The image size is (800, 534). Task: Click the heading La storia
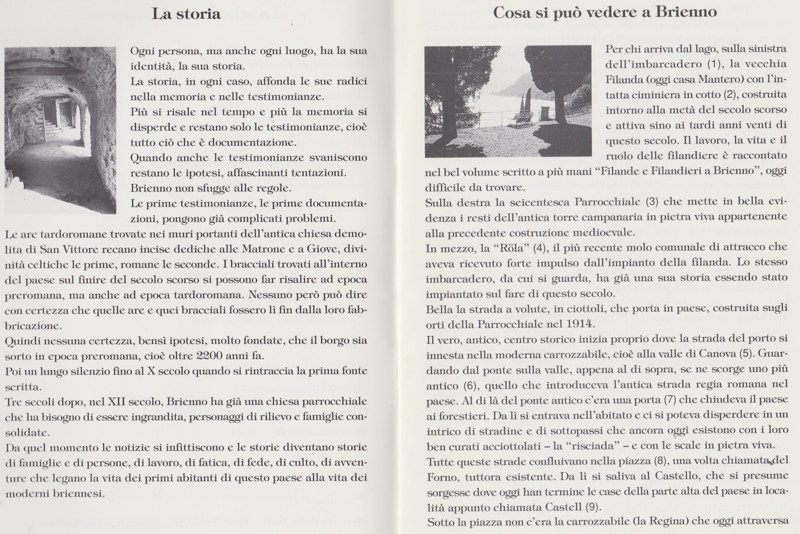point(186,14)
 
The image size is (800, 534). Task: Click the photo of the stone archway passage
point(60,130)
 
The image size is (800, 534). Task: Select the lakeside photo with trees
point(508,101)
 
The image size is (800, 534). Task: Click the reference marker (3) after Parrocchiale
point(652,202)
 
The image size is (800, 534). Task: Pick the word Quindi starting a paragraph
point(21,340)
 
